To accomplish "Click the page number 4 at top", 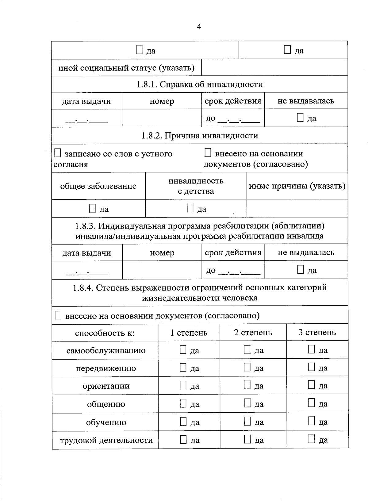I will [199, 27].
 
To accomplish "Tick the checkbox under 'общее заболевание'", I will [92, 209].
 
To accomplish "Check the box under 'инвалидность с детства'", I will [190, 209].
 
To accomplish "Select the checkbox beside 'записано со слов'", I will [58, 153].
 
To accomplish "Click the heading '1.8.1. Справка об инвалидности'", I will [200, 84].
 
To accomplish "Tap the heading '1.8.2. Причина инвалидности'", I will [200, 136].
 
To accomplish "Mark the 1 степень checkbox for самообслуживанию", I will [183, 350].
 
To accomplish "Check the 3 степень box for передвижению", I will [312, 367].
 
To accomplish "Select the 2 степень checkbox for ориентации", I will [247, 385].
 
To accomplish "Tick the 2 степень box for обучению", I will [247, 422].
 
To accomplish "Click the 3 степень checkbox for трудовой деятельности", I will [312, 439].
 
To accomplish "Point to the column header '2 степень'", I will [253, 333].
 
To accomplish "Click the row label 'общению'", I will [106, 404].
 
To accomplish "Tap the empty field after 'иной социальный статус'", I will [274, 67].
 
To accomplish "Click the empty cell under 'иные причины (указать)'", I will [297, 209].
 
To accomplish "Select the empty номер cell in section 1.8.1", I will [162, 118].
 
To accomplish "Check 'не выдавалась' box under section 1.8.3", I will [301, 270].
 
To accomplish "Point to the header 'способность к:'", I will [105, 333].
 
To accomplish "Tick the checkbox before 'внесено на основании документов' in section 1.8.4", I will [58, 315].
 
